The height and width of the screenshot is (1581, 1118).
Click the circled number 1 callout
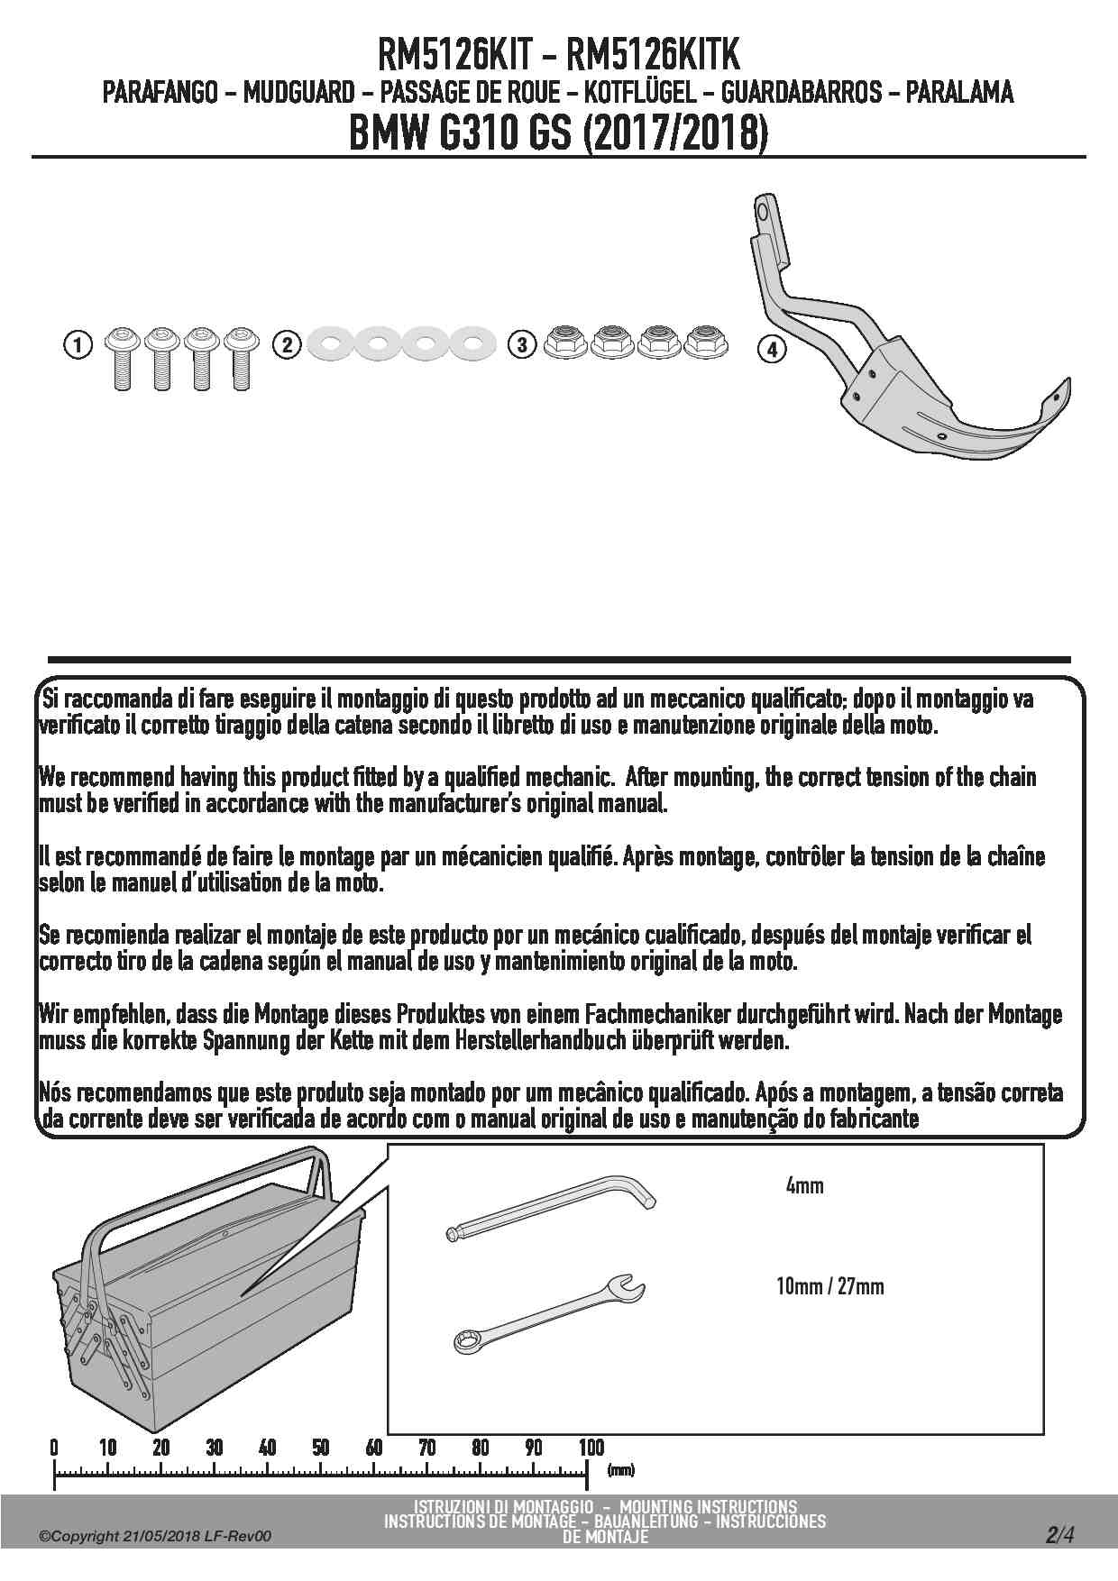78,344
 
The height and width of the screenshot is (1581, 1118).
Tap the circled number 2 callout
287,344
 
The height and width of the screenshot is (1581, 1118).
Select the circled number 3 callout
521,344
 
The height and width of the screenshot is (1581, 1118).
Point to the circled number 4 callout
772,349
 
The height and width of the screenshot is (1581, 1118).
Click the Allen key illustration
552,1208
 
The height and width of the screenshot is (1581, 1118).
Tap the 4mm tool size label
804,1186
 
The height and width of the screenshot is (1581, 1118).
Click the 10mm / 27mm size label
829,1285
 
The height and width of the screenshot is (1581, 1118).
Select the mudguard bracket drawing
902,361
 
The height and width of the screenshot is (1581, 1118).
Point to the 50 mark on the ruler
320,1448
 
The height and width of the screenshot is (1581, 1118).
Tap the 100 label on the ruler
591,1448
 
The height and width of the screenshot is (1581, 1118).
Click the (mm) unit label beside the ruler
620,1470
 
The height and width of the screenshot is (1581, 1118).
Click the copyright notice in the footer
154,1537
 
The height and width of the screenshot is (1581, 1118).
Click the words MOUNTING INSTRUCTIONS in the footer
708,1506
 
